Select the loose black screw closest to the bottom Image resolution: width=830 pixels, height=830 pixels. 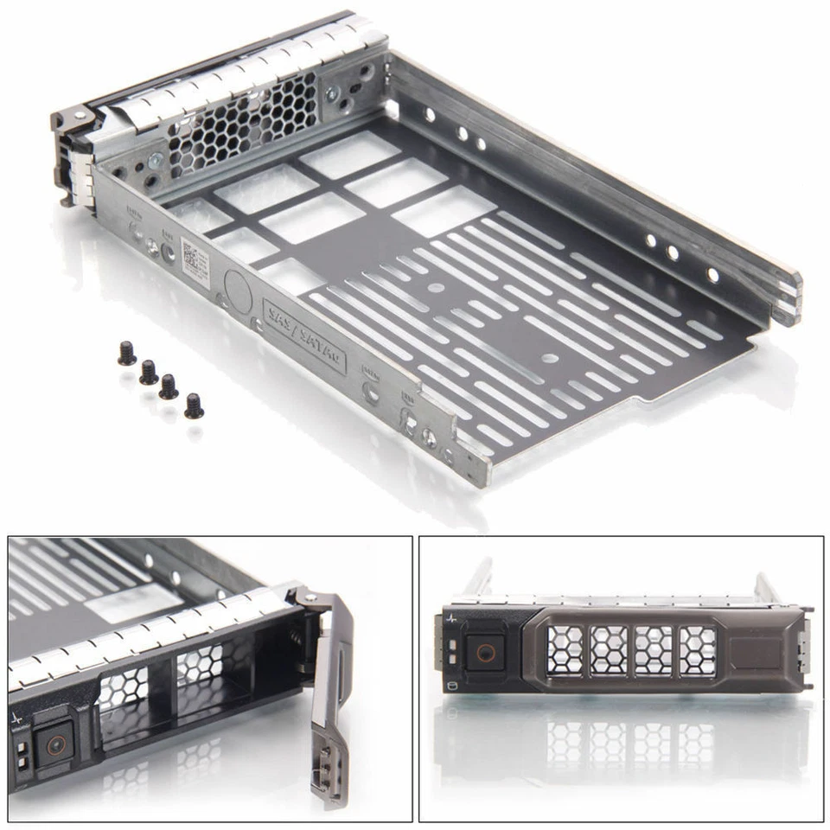click(x=194, y=405)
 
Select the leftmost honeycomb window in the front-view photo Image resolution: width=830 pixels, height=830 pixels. click(x=565, y=650)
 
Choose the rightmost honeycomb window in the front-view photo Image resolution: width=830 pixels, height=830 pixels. click(x=697, y=650)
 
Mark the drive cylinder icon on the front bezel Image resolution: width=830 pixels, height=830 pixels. click(x=451, y=686)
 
